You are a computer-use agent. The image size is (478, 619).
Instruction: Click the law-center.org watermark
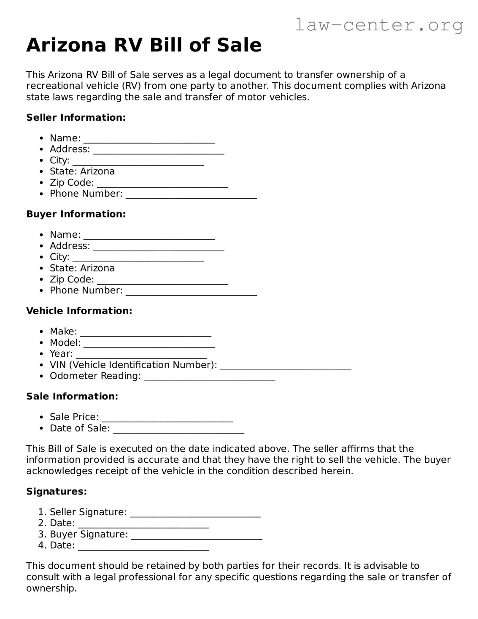[x=378, y=25]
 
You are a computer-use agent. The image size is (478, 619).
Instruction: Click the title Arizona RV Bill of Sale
[x=144, y=45]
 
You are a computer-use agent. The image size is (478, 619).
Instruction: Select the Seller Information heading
[x=76, y=117]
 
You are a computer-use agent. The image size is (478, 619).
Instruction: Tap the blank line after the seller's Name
[x=149, y=139]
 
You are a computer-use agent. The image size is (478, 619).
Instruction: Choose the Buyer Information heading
[x=76, y=214]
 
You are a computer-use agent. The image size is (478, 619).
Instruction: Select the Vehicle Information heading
[x=79, y=311]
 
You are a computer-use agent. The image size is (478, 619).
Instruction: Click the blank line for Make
[x=146, y=333]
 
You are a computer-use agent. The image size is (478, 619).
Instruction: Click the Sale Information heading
[x=72, y=396]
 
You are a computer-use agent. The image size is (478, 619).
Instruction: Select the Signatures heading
[x=57, y=491]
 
